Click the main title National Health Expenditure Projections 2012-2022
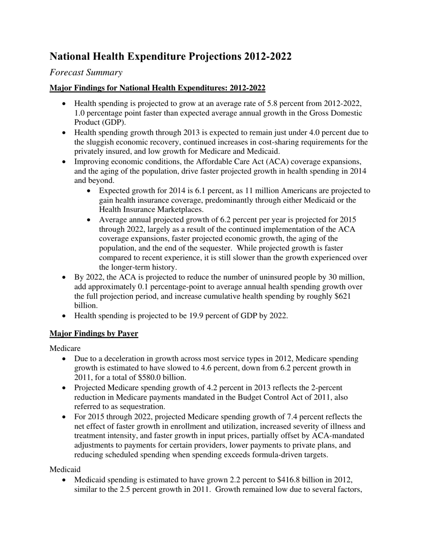171,57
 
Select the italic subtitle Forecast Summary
86,72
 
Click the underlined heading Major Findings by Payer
94,333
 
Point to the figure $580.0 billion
163,378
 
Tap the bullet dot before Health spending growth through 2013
65,133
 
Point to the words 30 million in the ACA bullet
346,277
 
